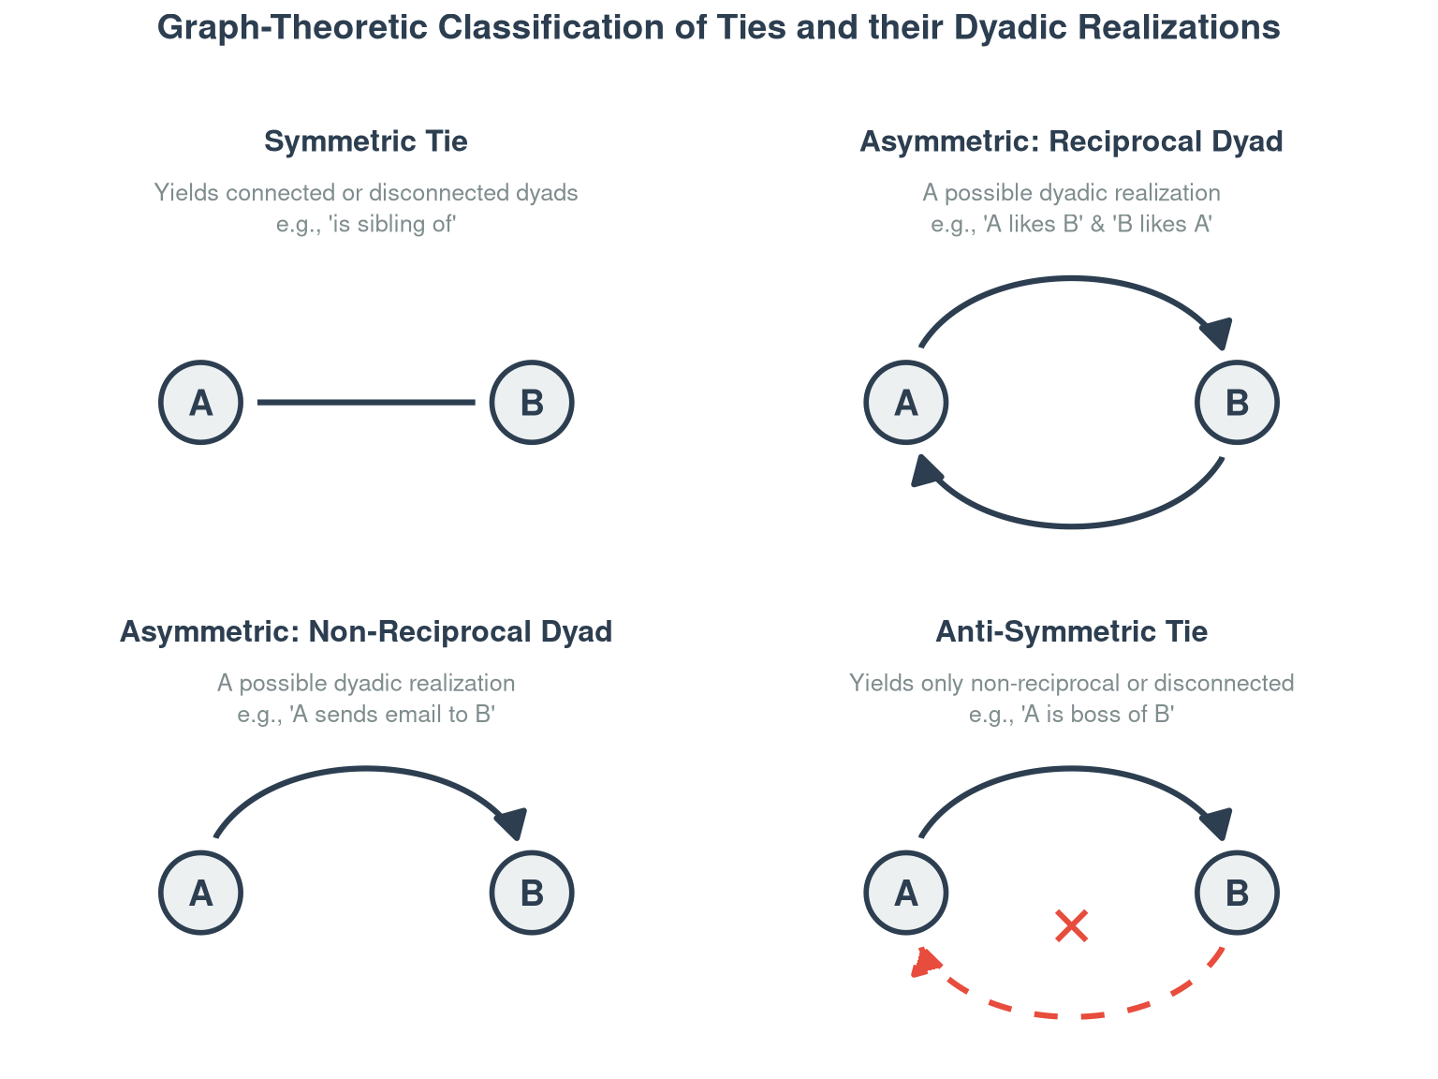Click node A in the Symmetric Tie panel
[200, 402]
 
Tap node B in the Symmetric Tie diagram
[532, 402]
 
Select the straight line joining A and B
[365, 402]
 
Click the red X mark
[1071, 925]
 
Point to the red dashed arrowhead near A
[924, 962]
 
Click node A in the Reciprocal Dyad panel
[905, 402]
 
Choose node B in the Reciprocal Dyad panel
[1236, 402]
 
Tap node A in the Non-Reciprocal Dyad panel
[200, 892]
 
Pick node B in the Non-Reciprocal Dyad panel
[532, 892]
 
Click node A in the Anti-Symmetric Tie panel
[905, 892]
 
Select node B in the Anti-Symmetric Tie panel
[1236, 892]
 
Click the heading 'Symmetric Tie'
[365, 140]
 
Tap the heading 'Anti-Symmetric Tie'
[1071, 631]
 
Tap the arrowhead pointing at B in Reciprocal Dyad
[1218, 333]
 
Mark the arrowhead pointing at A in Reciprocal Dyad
[925, 471]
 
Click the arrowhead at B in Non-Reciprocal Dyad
[512, 823]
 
